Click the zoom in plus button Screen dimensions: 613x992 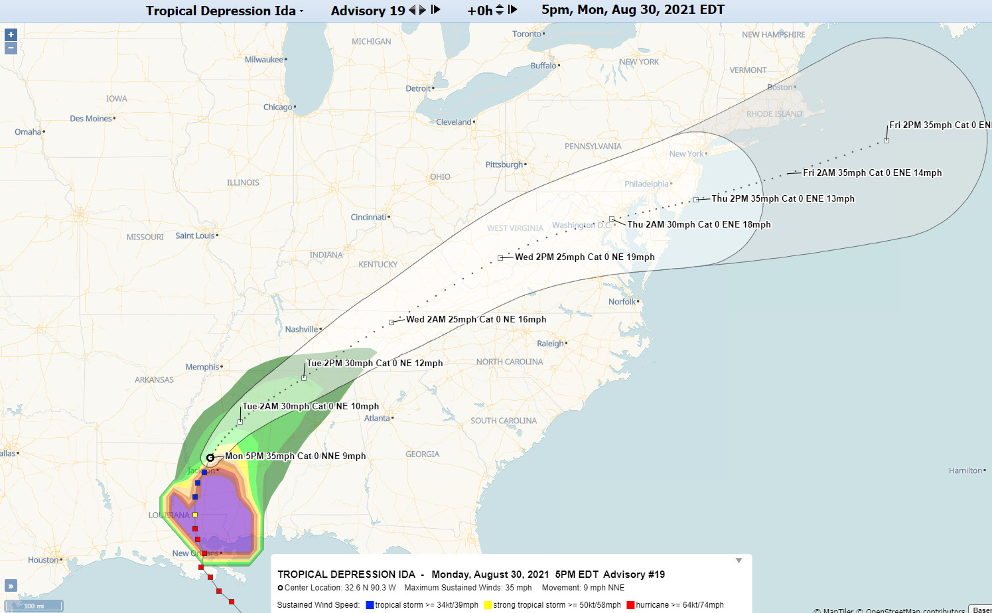[11, 34]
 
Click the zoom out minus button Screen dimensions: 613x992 [11, 48]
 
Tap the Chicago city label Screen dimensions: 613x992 [277, 107]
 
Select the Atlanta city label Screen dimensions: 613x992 [377, 419]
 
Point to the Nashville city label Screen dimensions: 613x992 [301, 330]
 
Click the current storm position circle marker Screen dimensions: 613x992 [210, 457]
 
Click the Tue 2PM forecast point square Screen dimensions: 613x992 [304, 378]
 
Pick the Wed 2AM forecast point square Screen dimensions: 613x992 [391, 322]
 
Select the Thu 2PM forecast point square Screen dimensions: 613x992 [696, 200]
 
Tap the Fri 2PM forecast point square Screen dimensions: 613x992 [886, 141]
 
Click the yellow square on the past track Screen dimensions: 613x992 [194, 515]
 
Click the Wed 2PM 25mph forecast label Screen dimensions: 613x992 [585, 257]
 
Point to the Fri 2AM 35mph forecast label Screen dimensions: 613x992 [872, 173]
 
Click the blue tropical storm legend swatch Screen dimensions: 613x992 [370, 605]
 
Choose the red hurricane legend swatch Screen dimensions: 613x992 [630, 605]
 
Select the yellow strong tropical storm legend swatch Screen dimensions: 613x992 [488, 605]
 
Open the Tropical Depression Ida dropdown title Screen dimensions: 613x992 [224, 11]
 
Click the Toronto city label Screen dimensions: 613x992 [527, 34]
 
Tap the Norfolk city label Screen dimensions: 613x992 [622, 302]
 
